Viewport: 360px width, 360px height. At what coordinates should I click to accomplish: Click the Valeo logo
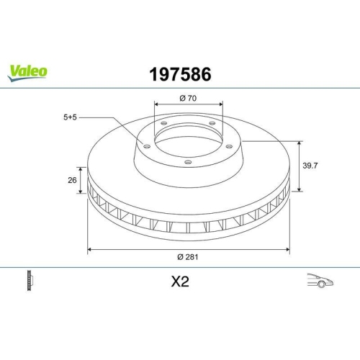(28, 71)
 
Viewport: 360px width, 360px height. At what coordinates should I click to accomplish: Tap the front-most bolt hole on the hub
(188, 162)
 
